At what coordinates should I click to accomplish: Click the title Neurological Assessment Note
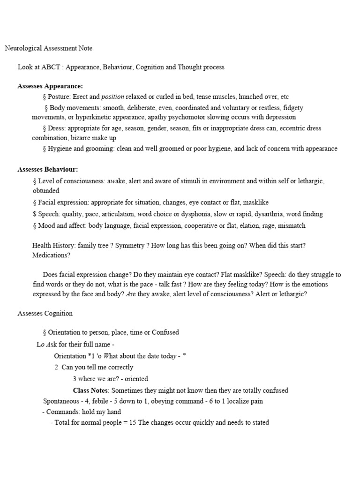coord(48,48)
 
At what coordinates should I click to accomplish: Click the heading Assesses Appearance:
coord(50,86)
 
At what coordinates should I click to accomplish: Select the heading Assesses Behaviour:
coord(48,169)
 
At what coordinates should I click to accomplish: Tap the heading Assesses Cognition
coord(45,313)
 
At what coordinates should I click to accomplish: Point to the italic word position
coord(112,97)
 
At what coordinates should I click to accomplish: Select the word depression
coord(280,117)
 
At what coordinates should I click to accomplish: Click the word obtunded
coord(46,191)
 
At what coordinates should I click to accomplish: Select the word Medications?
coord(51,256)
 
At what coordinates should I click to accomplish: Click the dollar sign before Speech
coord(35,214)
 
